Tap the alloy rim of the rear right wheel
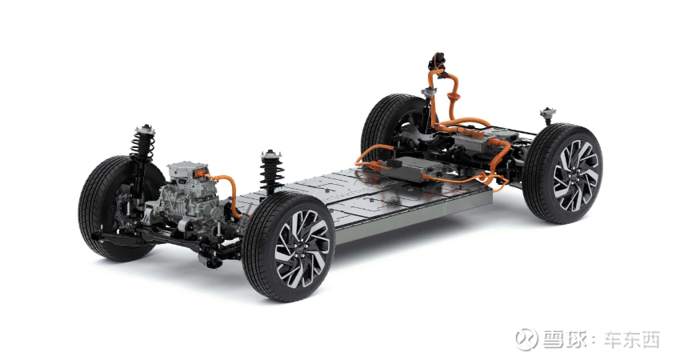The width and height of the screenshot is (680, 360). [x=575, y=176]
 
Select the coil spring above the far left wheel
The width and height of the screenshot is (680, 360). [x=143, y=146]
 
